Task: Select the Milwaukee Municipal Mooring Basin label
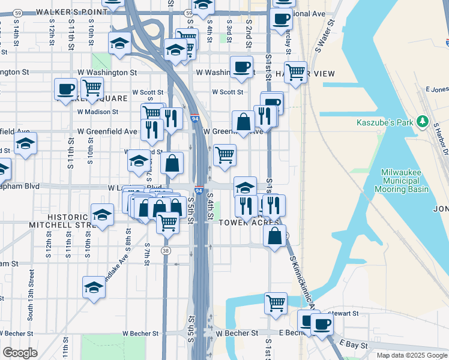(405, 181)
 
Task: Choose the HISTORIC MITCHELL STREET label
(59, 220)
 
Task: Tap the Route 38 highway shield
(166, 250)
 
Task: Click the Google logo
(20, 352)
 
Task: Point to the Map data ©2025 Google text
(412, 355)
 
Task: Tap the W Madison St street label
(98, 112)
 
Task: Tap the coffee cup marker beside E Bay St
(322, 325)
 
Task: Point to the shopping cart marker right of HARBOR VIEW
(295, 73)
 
